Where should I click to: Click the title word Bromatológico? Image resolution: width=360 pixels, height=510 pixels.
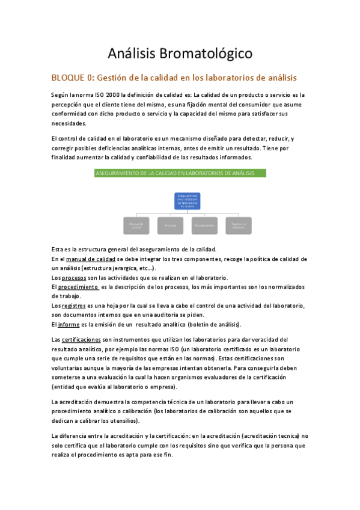(206, 54)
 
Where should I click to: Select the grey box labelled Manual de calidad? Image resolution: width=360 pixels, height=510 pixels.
(136, 226)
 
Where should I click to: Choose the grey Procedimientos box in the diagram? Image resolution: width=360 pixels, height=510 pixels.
(205, 226)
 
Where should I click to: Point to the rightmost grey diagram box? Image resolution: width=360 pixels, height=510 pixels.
(239, 226)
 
